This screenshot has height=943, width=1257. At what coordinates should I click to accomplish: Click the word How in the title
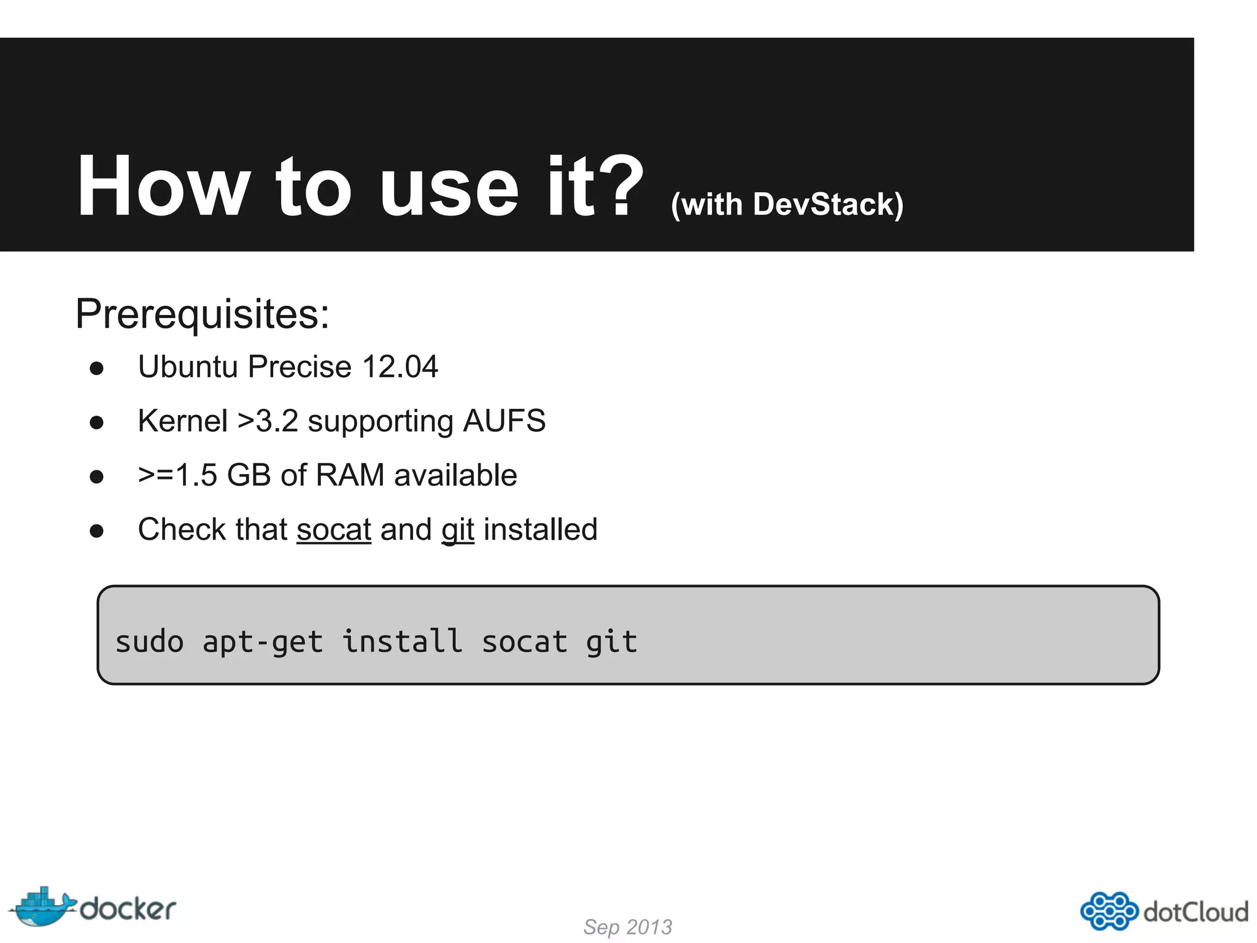(x=163, y=187)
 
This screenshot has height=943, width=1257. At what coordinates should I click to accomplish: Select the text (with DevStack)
(x=787, y=205)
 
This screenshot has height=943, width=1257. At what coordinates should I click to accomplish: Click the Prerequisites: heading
(x=203, y=314)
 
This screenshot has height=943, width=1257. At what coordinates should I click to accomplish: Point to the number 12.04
(x=400, y=367)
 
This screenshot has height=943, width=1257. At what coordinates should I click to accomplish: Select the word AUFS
(x=504, y=421)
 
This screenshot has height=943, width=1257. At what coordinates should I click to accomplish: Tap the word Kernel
(x=182, y=421)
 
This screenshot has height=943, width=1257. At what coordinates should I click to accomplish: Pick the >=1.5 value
(x=177, y=475)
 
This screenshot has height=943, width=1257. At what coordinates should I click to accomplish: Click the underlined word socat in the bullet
(x=334, y=530)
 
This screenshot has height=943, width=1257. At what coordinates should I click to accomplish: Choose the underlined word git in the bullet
(x=458, y=530)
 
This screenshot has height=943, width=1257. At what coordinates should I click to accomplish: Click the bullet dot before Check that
(x=96, y=531)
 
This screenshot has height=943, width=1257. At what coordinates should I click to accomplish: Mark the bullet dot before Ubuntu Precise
(x=96, y=368)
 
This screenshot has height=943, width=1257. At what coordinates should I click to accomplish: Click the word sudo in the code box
(x=149, y=642)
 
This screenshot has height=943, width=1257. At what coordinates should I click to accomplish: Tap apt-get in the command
(x=263, y=642)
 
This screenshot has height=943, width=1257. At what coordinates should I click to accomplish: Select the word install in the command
(x=402, y=642)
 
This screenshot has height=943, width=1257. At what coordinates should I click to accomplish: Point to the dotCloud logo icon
(x=1108, y=910)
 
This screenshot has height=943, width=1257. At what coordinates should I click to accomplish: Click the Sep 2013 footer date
(x=627, y=926)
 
